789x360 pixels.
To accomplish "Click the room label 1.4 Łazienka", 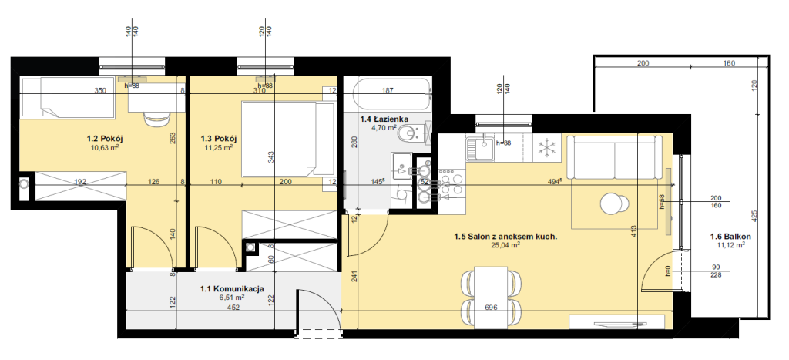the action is point(384,119).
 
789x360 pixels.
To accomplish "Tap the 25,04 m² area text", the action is point(505,245).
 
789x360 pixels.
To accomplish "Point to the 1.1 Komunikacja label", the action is point(232,289).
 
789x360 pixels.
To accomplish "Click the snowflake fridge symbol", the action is point(546,147).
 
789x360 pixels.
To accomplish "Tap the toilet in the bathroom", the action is point(413,134).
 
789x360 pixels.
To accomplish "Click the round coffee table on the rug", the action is point(614,204).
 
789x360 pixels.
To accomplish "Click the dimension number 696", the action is point(491,307).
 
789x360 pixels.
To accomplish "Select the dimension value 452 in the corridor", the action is point(232,307).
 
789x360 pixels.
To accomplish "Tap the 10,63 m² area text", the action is point(105,147).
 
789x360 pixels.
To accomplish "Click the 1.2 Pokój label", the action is point(105,139).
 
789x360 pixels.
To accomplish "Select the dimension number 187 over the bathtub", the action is point(388,91).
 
